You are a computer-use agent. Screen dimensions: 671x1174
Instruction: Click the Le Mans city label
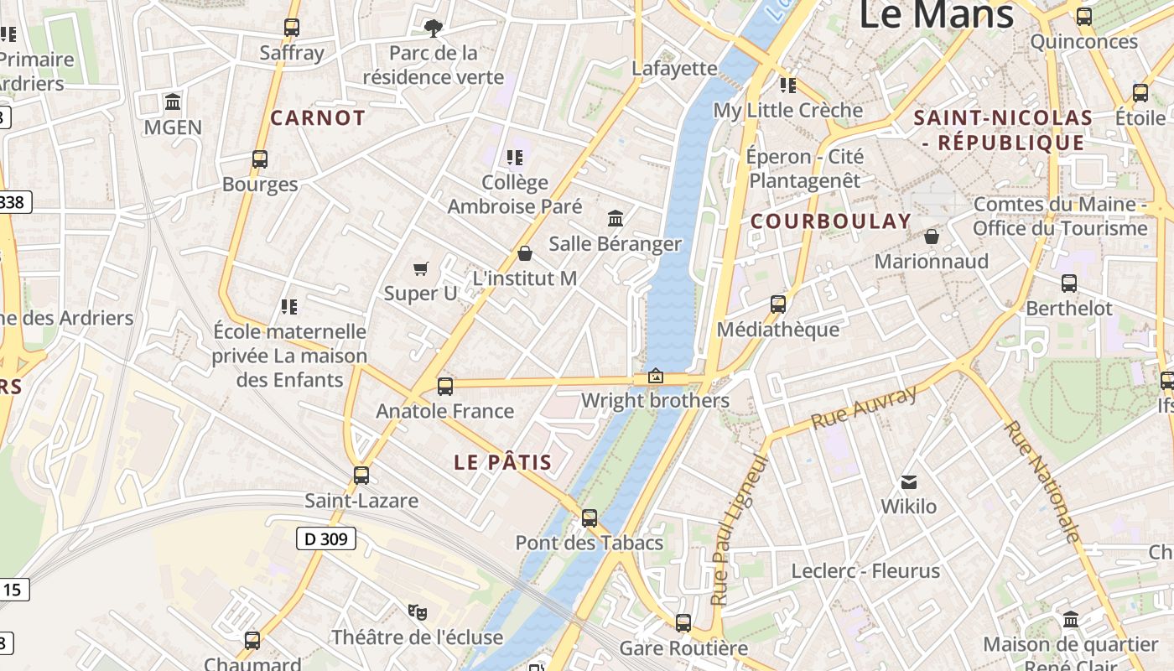click(937, 14)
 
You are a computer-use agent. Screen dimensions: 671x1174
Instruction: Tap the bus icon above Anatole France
click(445, 387)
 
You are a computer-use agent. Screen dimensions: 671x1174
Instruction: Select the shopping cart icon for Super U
click(421, 268)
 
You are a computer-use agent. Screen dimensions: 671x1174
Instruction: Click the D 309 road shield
click(326, 538)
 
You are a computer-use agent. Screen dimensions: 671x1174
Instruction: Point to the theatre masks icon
click(417, 611)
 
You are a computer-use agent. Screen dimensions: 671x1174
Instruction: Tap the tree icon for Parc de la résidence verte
click(433, 29)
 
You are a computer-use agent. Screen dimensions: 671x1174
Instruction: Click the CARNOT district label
click(318, 118)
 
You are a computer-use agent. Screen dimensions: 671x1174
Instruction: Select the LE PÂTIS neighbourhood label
click(503, 462)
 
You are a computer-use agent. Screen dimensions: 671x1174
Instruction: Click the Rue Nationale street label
click(1042, 481)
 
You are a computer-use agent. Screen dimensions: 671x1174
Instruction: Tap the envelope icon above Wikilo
click(909, 482)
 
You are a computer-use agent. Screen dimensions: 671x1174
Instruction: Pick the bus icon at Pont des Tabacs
click(590, 518)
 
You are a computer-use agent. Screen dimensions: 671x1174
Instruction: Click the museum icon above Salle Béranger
click(616, 219)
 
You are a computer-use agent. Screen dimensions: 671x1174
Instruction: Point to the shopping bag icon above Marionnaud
click(931, 237)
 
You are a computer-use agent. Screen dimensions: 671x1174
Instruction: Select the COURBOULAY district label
click(830, 221)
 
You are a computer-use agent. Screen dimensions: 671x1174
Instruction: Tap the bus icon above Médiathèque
click(778, 304)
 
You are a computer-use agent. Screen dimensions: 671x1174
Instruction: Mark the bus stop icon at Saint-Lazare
click(361, 476)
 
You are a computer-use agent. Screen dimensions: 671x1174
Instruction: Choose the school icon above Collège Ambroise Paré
click(515, 158)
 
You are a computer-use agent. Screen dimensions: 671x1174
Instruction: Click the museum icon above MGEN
click(174, 102)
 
